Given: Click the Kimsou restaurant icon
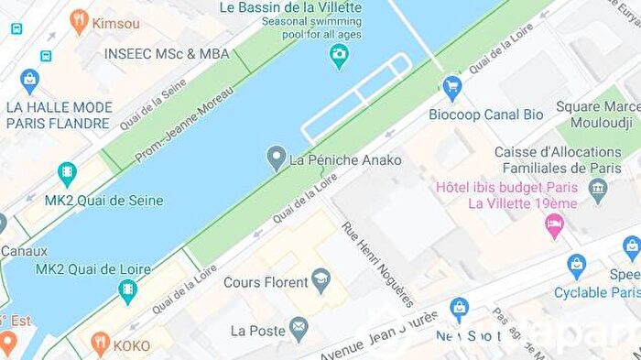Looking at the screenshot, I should point(79,22).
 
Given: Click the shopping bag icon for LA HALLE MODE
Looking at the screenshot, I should point(30,82).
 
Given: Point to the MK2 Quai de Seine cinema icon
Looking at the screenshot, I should point(67,174).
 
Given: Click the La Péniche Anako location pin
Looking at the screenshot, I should point(276,158).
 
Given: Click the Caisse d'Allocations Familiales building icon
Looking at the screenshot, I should point(598,191).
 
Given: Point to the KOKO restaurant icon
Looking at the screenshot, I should point(100,345).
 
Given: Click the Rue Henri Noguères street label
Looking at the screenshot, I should point(376,264).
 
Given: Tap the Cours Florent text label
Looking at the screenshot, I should point(265,282).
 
